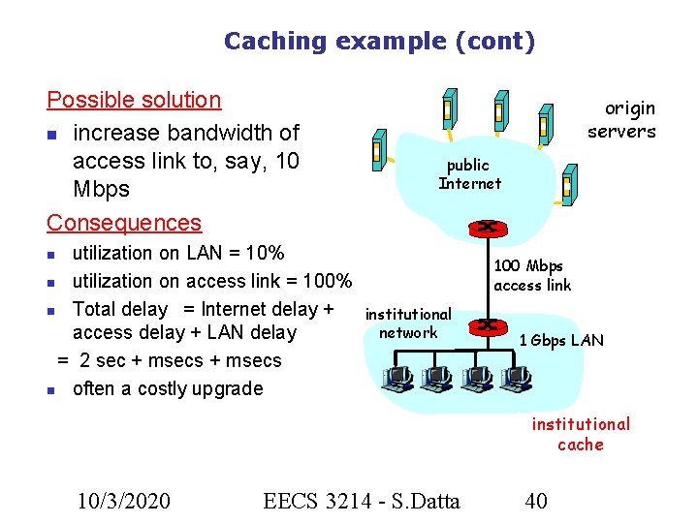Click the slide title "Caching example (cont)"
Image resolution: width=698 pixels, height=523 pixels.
[x=379, y=41]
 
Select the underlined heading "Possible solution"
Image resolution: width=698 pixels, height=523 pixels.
[x=134, y=100]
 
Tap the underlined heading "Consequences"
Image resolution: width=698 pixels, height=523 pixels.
[x=124, y=222]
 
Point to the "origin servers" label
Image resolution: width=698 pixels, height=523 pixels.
[x=621, y=120]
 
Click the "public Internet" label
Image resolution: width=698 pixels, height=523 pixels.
[x=469, y=174]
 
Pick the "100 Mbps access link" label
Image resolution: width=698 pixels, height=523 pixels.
[x=532, y=275]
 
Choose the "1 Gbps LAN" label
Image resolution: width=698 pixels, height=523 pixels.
[x=560, y=340]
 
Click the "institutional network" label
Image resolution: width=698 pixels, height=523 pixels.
[x=408, y=323]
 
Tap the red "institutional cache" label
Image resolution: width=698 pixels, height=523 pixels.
[x=580, y=434]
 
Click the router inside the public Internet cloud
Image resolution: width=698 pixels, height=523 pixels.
[x=483, y=229]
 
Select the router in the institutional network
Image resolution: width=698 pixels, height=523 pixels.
[x=487, y=325]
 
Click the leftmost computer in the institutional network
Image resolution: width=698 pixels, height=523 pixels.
[x=396, y=380]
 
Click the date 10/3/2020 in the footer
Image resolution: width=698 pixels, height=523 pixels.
[x=124, y=500]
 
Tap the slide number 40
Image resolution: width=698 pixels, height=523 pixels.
[x=535, y=500]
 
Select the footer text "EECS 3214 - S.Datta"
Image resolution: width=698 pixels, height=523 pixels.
[x=361, y=500]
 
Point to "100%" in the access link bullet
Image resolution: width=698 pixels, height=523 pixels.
[x=328, y=282]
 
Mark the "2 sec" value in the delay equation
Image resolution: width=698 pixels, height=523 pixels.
[x=100, y=360]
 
